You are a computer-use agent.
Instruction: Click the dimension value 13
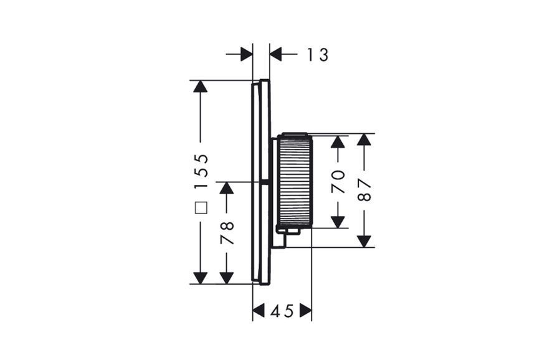coord(318,55)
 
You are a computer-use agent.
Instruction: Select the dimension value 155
coord(201,171)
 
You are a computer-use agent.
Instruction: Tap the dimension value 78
coord(227,233)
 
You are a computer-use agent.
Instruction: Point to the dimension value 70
coord(338,181)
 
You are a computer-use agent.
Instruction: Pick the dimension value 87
coord(364,190)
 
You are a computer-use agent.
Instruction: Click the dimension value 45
coord(282,311)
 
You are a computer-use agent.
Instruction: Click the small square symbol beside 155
coord(201,208)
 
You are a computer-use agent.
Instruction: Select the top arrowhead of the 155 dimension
coord(200,87)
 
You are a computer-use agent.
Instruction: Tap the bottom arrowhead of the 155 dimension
coord(200,278)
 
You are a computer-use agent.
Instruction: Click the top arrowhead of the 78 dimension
coord(226,188)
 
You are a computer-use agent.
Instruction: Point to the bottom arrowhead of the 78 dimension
coord(226,278)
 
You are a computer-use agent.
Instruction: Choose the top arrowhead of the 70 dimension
coord(338,142)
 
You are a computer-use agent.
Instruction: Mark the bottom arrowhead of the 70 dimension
coord(338,222)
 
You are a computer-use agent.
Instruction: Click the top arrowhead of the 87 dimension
coord(364,139)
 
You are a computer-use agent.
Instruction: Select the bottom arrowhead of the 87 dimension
coord(364,242)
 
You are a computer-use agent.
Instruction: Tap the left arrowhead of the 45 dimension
coord(259,310)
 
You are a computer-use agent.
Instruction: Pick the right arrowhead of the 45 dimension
coord(305,310)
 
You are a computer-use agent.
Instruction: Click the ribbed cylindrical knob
coord(295,179)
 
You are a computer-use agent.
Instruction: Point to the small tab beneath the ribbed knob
coord(288,232)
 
